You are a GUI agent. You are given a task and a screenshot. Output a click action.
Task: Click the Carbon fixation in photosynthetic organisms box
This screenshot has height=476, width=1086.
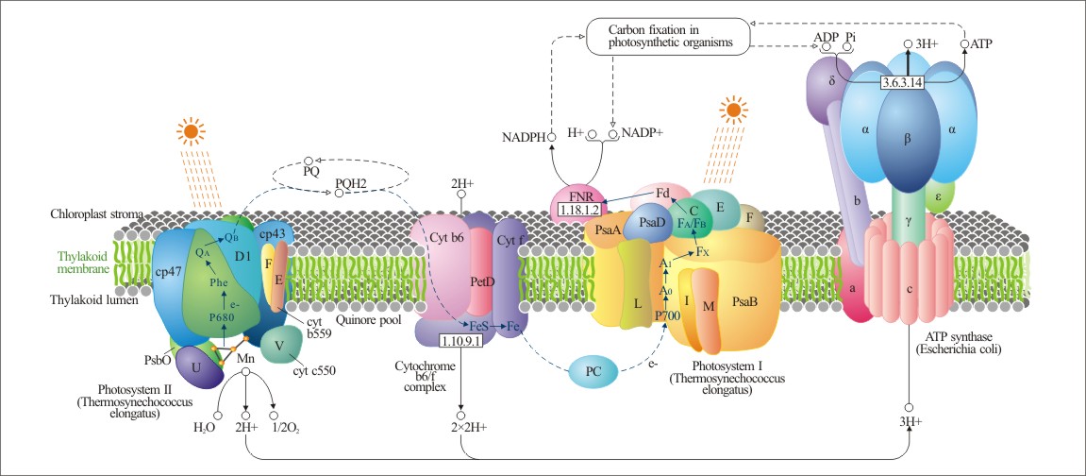pyautogui.click(x=666, y=35)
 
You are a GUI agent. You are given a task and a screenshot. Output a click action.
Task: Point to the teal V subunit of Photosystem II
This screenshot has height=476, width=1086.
pyautogui.click(x=280, y=344)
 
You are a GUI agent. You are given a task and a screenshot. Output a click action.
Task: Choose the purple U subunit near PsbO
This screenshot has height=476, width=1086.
pyautogui.click(x=197, y=369)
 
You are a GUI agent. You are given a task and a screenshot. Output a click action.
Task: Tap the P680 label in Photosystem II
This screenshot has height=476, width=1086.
pyautogui.click(x=223, y=317)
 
